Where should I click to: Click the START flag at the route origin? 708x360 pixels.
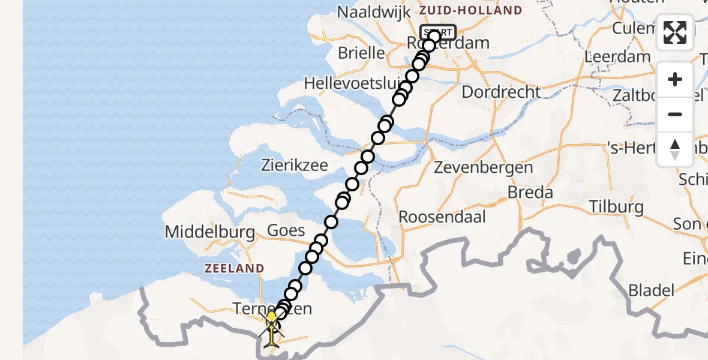[438, 32]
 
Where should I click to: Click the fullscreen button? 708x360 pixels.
[675, 32]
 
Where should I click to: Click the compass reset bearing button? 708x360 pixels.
[675, 149]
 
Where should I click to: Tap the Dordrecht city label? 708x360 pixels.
[501, 92]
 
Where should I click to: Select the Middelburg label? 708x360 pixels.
[202, 232]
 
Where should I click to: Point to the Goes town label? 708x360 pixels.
[286, 230]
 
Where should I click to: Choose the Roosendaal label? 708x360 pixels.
[442, 216]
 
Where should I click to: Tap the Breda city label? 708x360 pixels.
[530, 193]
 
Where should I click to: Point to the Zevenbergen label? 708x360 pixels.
[483, 167]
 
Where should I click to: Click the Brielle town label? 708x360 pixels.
[361, 53]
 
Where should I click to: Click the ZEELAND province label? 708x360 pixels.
[234, 268]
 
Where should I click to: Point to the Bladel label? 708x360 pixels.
[650, 291]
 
